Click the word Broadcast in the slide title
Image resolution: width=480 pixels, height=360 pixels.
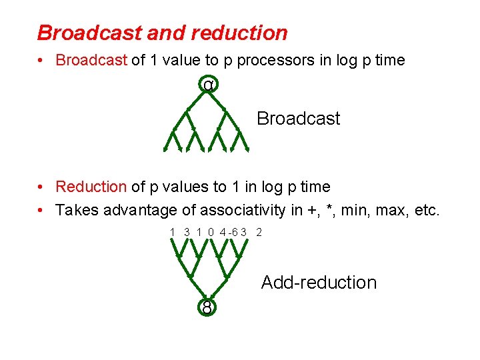(x=82, y=33)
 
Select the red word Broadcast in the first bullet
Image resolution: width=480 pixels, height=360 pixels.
(x=91, y=60)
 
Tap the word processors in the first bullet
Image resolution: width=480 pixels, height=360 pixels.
(x=273, y=60)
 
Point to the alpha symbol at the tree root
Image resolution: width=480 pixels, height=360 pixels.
(x=209, y=85)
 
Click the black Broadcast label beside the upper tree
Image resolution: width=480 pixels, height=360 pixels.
(x=298, y=119)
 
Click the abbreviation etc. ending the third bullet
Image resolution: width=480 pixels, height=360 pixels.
(x=427, y=211)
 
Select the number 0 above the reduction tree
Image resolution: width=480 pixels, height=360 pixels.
(x=211, y=233)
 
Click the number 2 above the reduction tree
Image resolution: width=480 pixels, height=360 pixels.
(x=259, y=233)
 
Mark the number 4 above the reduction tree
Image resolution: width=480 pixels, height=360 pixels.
(x=223, y=233)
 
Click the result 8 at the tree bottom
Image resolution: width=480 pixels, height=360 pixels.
(x=207, y=307)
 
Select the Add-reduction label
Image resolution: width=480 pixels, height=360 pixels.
(x=319, y=283)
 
